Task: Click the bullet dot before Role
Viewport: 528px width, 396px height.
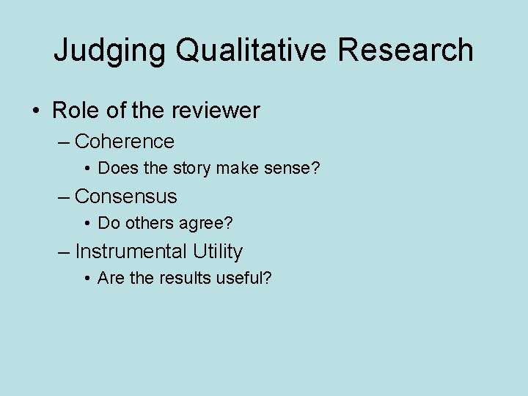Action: point(36,111)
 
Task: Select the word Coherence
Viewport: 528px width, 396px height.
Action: point(125,141)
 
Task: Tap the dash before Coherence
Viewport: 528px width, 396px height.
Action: point(65,142)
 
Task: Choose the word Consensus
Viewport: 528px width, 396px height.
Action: point(126,196)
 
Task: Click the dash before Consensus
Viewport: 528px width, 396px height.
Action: point(65,197)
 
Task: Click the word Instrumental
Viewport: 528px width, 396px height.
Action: point(131,252)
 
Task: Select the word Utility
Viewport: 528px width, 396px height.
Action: point(218,252)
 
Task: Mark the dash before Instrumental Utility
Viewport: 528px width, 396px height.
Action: point(65,252)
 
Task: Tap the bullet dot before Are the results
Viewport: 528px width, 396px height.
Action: point(88,279)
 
